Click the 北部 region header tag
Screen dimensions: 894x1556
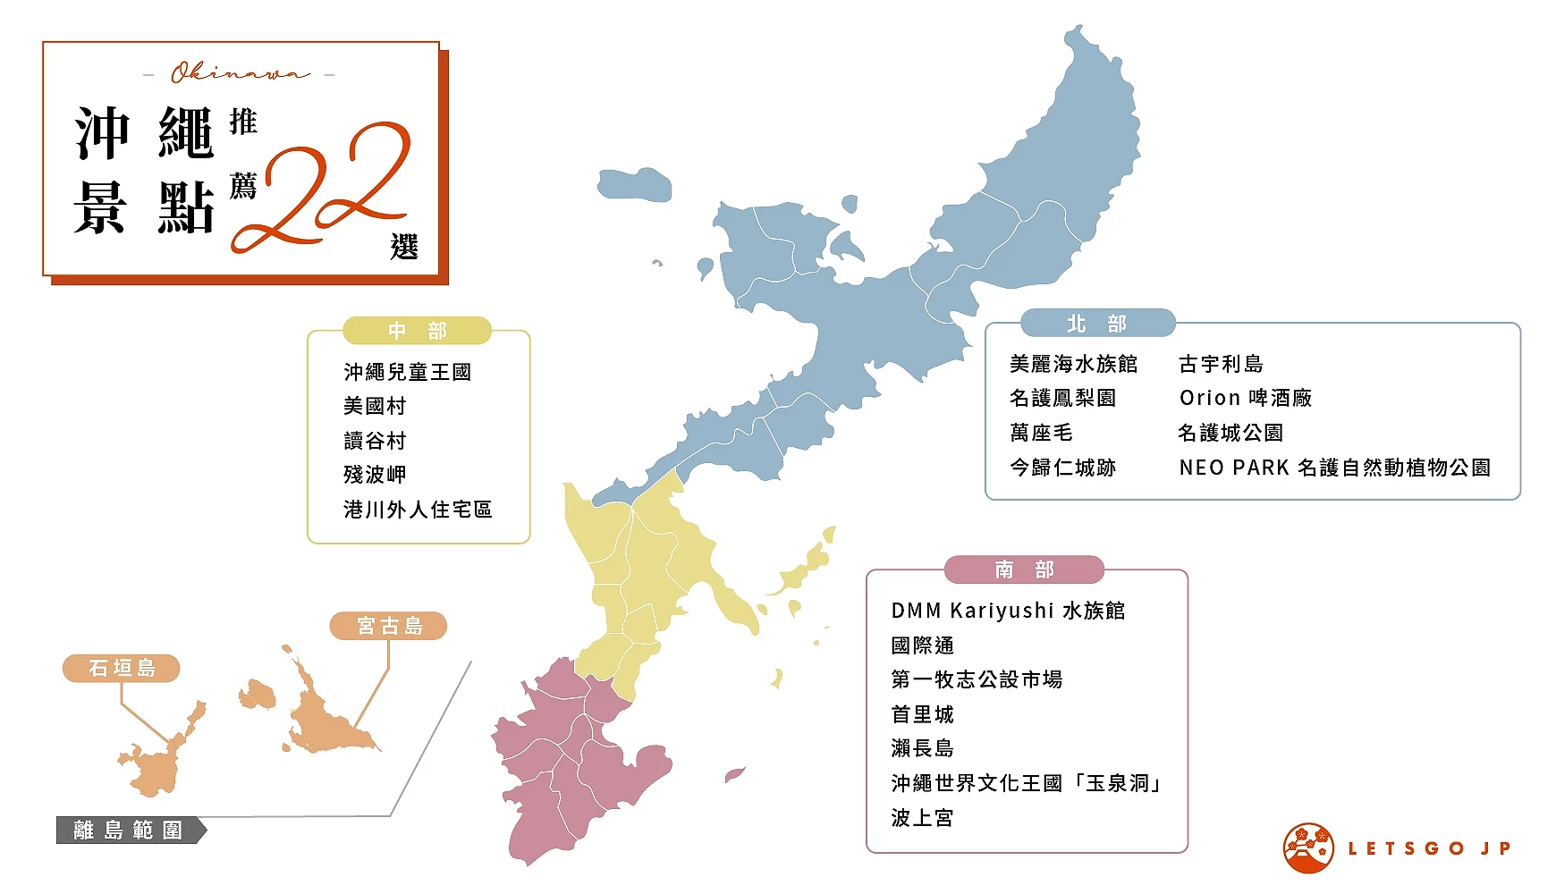click(x=1097, y=324)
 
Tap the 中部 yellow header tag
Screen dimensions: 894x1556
click(x=417, y=331)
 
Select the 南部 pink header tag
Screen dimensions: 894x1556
click(x=1024, y=569)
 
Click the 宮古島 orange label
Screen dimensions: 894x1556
click(x=388, y=626)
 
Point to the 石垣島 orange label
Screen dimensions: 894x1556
click(x=122, y=668)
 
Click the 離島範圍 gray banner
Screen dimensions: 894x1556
click(x=129, y=830)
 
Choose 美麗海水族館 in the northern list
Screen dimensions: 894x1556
click(x=1073, y=364)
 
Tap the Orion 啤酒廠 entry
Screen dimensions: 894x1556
click(x=1245, y=398)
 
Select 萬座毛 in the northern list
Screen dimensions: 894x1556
click(x=1041, y=433)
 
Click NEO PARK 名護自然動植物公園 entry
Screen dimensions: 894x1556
click(x=1334, y=468)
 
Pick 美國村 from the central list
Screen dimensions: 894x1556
click(x=375, y=406)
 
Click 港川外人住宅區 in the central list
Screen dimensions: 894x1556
click(x=418, y=510)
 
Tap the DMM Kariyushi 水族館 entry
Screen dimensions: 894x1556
click(x=1008, y=611)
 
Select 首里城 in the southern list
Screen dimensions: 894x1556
click(x=922, y=714)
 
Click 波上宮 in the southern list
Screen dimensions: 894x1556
click(x=922, y=818)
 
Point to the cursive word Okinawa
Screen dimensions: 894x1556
click(x=240, y=73)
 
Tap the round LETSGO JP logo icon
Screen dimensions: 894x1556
click(x=1308, y=848)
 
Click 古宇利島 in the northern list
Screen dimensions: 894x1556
click(x=1221, y=364)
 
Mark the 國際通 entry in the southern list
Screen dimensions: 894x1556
click(x=922, y=645)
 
